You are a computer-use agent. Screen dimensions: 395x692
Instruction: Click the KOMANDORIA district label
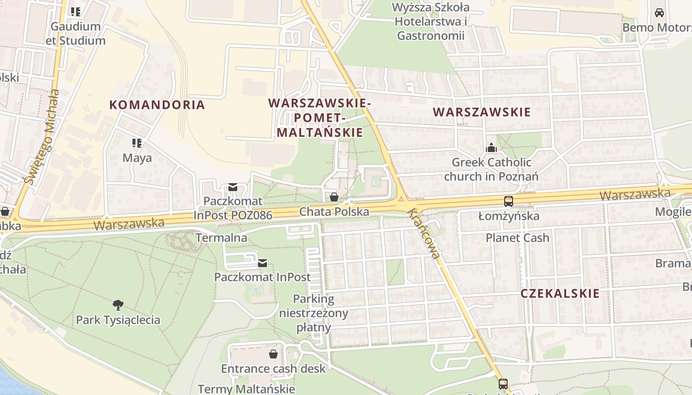coord(157,105)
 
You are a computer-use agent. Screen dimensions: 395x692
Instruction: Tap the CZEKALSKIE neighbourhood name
coord(560,293)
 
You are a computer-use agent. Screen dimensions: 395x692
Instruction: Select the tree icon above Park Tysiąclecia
coord(118,305)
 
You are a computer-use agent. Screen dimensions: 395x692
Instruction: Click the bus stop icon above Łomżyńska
coord(508,201)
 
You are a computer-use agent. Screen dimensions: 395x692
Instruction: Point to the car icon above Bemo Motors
coord(659,13)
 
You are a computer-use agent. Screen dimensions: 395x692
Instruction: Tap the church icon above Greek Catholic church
coord(491,148)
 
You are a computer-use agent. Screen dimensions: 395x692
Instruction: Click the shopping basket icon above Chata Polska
coord(334,197)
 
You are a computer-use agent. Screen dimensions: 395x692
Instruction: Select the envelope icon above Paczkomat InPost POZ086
coord(233,187)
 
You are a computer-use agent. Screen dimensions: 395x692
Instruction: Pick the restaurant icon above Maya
coord(137,144)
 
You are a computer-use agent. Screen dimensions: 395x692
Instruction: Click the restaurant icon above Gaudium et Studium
coord(75,11)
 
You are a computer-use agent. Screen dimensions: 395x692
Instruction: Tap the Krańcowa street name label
coord(424,234)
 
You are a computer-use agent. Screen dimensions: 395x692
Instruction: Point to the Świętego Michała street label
coord(44,138)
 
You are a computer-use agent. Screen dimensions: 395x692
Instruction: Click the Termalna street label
coord(221,238)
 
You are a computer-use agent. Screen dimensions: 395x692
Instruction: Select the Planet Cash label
coord(517,238)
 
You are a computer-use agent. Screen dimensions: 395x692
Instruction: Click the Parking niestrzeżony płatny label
coord(313,313)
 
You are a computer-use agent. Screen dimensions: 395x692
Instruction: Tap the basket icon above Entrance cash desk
coord(273,354)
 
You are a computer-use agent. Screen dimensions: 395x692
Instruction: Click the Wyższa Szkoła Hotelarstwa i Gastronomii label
coord(431,22)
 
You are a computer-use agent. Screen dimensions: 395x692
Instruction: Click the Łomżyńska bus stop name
coord(509,216)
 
